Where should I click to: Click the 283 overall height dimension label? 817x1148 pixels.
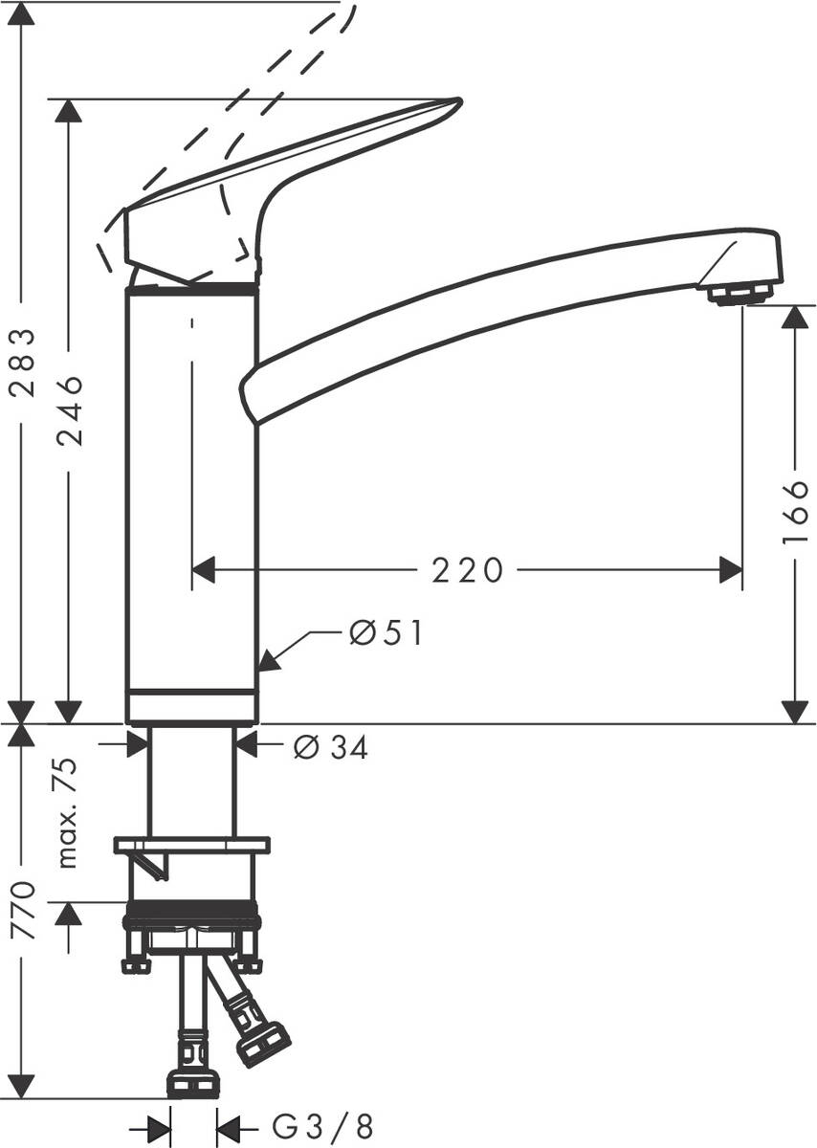pyautogui.click(x=22, y=363)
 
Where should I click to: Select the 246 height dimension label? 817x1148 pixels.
pyautogui.click(x=68, y=411)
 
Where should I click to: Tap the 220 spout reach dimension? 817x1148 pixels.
pyautogui.click(x=466, y=571)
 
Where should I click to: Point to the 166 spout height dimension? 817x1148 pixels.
pyautogui.click(x=794, y=513)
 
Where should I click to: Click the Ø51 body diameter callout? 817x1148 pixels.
pyautogui.click(x=385, y=633)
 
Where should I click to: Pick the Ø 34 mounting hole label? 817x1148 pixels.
pyautogui.click(x=330, y=747)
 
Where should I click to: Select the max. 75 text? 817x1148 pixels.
pyautogui.click(x=68, y=812)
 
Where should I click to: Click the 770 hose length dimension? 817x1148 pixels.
pyautogui.click(x=22, y=911)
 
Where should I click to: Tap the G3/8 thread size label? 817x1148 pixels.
pyautogui.click(x=323, y=1127)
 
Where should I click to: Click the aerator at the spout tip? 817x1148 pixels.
pyautogui.click(x=740, y=293)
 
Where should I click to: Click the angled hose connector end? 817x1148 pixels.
pyautogui.click(x=262, y=1042)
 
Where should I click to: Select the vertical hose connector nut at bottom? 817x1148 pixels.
pyautogui.click(x=193, y=1083)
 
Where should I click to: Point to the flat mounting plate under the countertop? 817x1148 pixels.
pyautogui.click(x=191, y=845)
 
